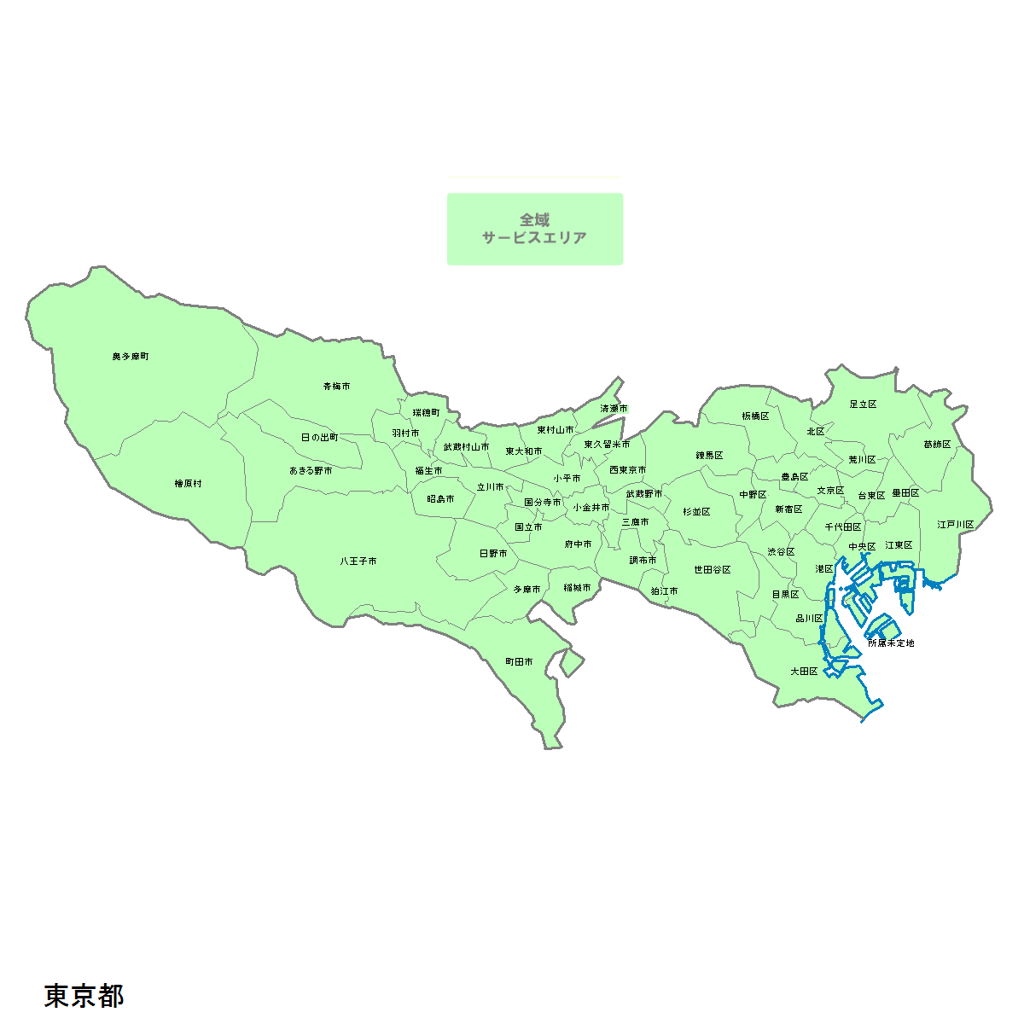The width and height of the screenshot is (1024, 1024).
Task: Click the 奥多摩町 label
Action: click(131, 356)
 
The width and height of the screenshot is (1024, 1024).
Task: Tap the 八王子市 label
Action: click(358, 561)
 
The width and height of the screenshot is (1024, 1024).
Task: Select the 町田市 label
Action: click(519, 662)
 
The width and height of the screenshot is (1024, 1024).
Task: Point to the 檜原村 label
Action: click(189, 484)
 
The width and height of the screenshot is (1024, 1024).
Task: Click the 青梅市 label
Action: click(336, 387)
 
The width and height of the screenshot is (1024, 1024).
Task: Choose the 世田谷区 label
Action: click(713, 570)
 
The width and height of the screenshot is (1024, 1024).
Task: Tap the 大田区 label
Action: click(804, 672)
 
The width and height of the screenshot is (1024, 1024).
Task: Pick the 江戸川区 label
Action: click(956, 525)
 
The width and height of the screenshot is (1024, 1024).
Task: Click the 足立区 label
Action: click(864, 404)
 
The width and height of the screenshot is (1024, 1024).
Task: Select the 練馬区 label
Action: click(709, 456)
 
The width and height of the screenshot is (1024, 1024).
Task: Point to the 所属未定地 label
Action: click(891, 643)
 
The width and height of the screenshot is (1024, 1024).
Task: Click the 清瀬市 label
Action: click(614, 410)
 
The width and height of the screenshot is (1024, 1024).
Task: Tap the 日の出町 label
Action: click(319, 438)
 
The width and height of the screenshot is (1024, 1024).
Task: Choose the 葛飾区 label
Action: click(937, 445)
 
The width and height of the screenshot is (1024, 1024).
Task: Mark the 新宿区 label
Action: click(788, 509)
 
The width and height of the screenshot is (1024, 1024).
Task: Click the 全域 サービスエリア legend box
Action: click(535, 229)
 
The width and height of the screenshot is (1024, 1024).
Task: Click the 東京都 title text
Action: click(84, 995)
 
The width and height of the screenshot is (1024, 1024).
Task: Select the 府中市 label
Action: click(578, 544)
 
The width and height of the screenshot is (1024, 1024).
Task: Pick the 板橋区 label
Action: click(755, 416)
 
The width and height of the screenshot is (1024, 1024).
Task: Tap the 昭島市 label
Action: click(440, 499)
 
